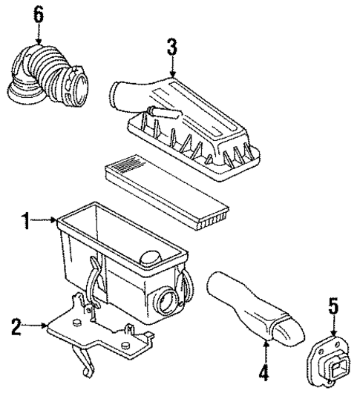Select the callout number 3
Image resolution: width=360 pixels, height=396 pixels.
click(171, 48)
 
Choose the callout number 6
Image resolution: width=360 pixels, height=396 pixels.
click(37, 13)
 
